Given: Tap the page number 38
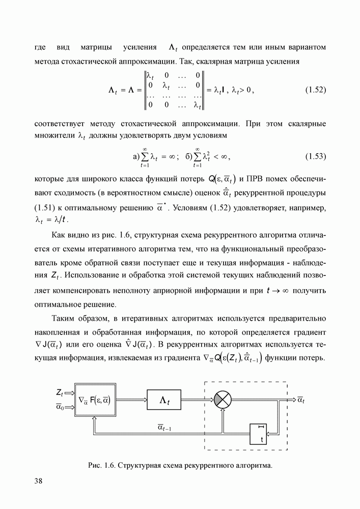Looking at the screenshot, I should (x=39, y=481).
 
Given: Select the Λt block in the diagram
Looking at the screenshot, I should (x=164, y=401).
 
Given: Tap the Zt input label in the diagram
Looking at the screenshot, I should (x=60, y=393).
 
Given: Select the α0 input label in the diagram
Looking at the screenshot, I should (x=61, y=407).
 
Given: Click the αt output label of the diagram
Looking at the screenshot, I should (x=301, y=400).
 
